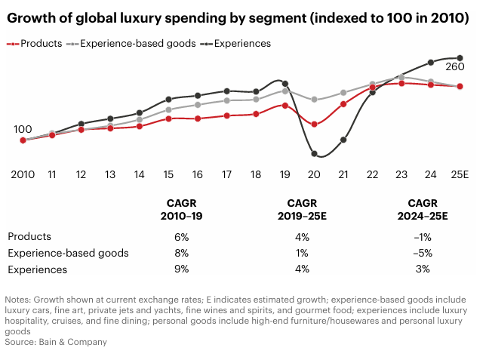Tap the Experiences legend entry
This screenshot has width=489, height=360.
(235, 44)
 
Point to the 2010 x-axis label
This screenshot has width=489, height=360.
(23, 174)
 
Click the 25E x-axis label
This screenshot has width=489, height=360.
(460, 174)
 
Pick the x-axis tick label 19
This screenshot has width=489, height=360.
(284, 174)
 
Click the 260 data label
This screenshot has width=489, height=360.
(454, 67)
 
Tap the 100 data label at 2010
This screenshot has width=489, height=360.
(23, 129)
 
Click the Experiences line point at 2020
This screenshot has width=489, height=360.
(314, 154)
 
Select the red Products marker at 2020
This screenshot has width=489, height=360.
(314, 124)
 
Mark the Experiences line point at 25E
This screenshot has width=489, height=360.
(460, 58)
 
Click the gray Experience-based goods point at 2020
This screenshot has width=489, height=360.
(314, 100)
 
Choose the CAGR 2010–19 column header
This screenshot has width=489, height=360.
(181, 209)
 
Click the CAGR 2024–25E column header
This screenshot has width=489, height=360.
(423, 209)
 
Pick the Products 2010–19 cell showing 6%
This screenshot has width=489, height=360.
(181, 236)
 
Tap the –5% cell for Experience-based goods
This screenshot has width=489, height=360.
(423, 253)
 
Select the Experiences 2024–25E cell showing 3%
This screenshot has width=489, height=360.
(423, 269)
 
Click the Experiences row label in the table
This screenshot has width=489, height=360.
(38, 269)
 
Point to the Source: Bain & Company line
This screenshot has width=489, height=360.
(56, 342)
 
